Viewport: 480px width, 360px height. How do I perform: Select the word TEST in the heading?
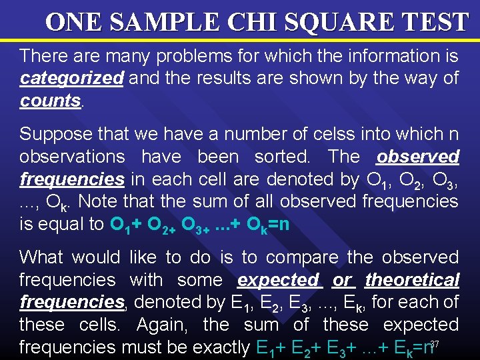(x=436, y=22)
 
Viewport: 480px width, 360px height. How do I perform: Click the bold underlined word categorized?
(x=71, y=79)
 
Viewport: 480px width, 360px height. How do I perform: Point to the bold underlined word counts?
(x=49, y=101)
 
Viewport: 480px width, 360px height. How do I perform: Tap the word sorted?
(x=285, y=157)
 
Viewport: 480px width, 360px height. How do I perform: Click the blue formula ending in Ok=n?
(x=199, y=224)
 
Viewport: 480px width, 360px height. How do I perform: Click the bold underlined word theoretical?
(x=412, y=280)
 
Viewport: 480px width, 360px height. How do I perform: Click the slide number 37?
(x=435, y=343)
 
